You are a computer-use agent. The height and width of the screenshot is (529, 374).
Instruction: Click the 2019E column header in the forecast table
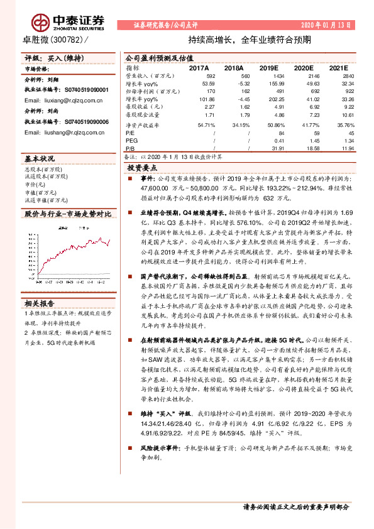click(269, 67)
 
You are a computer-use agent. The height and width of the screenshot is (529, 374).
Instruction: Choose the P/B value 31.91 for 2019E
click(269, 148)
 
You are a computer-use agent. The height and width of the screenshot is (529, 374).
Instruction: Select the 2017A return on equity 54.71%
click(198, 124)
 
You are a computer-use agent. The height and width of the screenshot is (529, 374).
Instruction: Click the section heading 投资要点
click(142, 168)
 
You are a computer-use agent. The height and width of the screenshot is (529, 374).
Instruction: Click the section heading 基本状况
click(40, 159)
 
